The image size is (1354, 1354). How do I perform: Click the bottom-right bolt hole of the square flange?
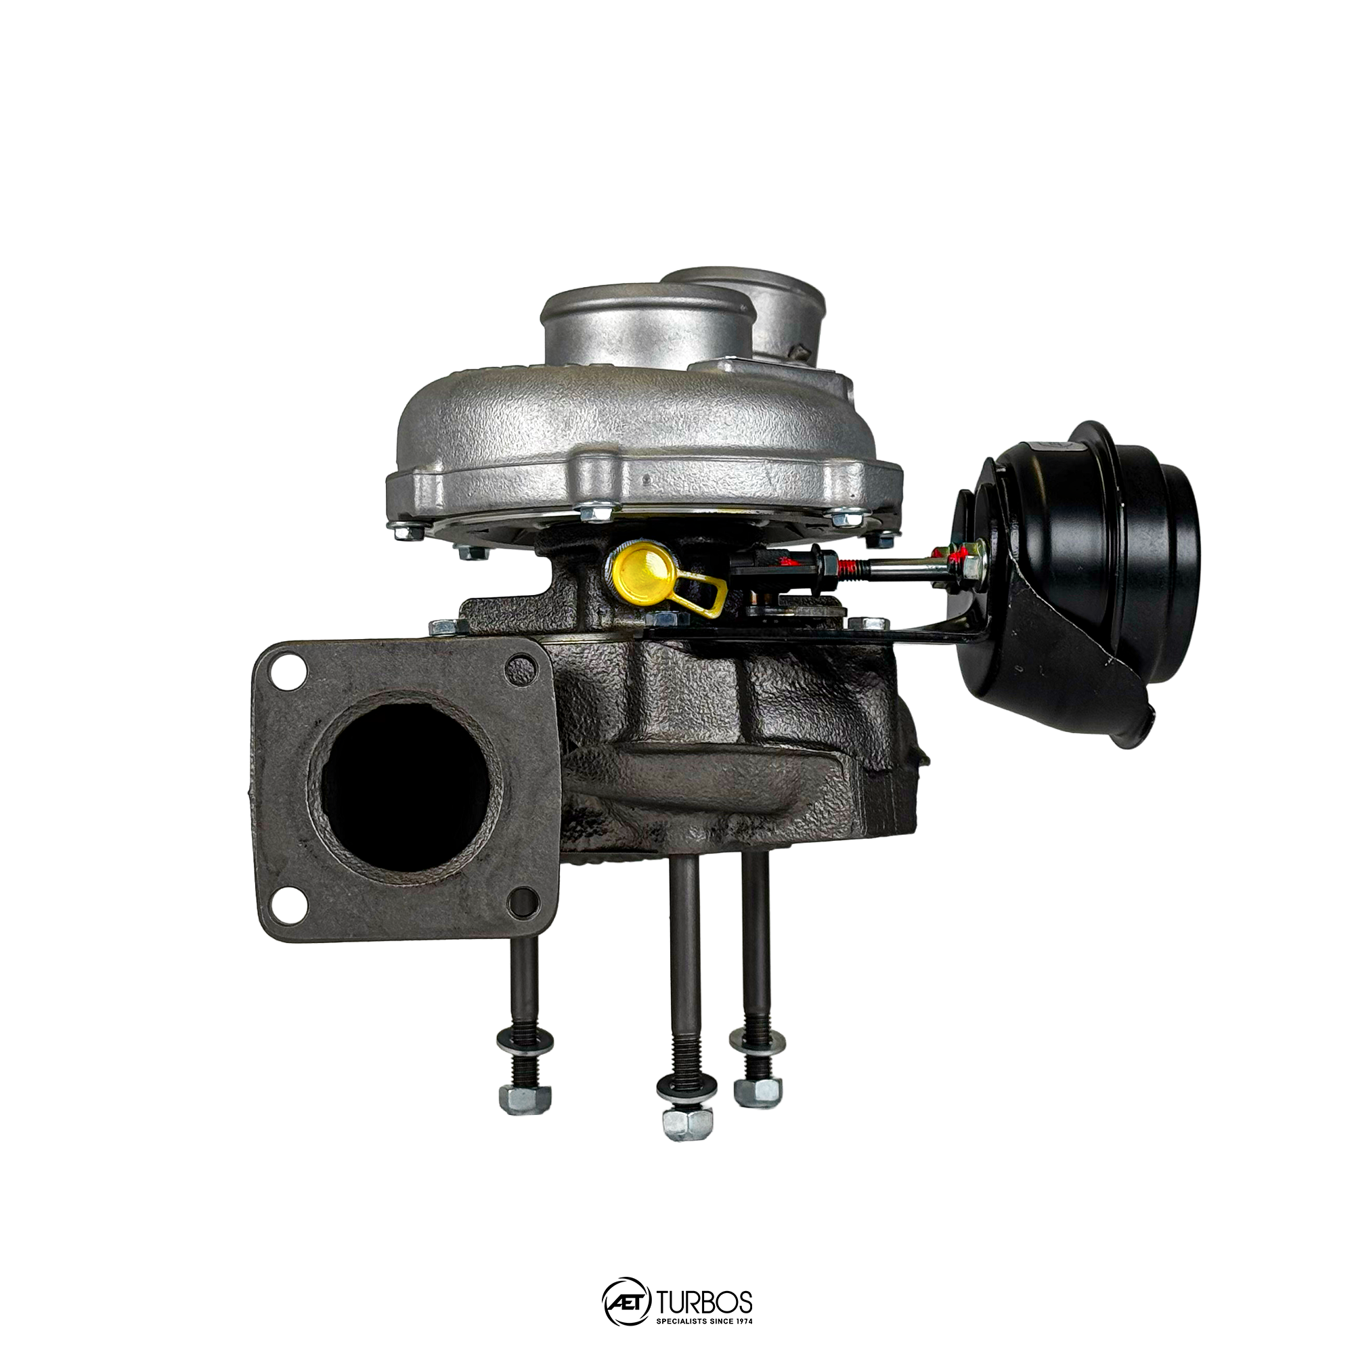click(x=523, y=902)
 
